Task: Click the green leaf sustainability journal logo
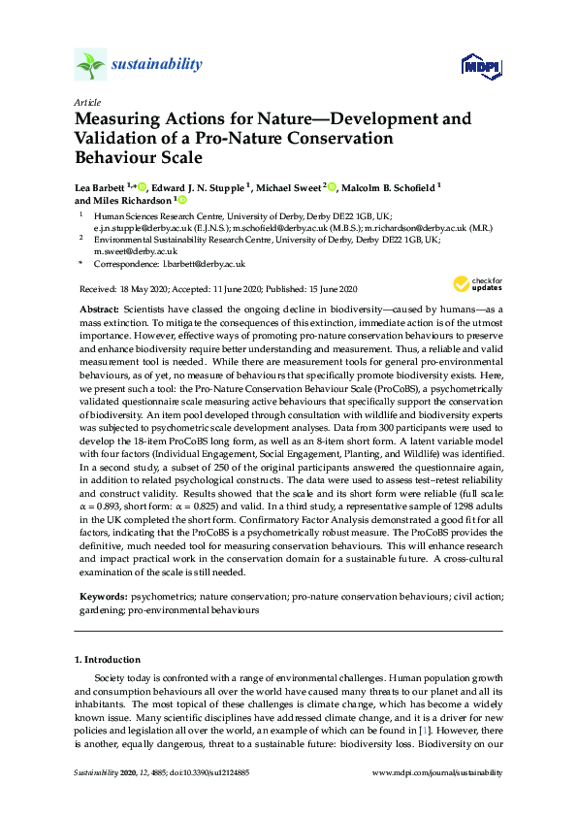click(x=90, y=66)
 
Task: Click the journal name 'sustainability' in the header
click(x=157, y=65)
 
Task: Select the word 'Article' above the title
click(x=85, y=102)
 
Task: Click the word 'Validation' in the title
click(x=117, y=138)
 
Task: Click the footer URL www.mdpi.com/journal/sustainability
click(x=438, y=773)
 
